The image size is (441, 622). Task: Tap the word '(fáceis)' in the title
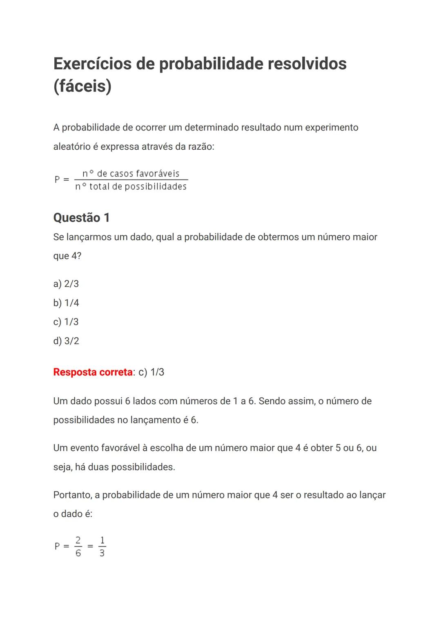(x=82, y=86)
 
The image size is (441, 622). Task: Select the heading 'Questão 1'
(x=81, y=218)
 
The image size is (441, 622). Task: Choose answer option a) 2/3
(x=66, y=284)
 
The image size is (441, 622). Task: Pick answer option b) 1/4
(x=66, y=303)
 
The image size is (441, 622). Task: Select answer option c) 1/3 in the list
(x=66, y=322)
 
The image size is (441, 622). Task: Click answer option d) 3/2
(x=66, y=341)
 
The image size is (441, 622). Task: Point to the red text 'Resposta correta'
(x=93, y=372)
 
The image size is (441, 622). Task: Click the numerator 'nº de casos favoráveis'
(x=131, y=174)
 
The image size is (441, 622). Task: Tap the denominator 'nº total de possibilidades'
(x=131, y=187)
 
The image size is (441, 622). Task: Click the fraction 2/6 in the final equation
(x=78, y=547)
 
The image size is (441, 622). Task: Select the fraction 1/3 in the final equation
(x=102, y=547)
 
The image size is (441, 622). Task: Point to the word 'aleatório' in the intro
(x=71, y=146)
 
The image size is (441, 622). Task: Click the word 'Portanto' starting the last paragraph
(x=73, y=495)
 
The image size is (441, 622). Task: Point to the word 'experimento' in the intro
(x=332, y=128)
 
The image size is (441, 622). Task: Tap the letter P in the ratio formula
(x=58, y=179)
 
